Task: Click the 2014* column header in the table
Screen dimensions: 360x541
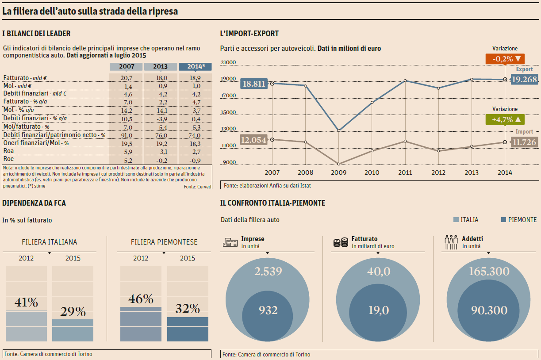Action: click(x=195, y=67)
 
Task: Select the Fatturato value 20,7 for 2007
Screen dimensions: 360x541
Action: click(x=126, y=77)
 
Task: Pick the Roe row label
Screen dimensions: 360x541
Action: click(x=8, y=159)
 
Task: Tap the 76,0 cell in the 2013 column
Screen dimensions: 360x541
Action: click(x=161, y=135)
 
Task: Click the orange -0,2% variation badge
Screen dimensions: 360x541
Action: click(x=505, y=58)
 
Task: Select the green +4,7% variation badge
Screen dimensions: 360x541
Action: click(x=505, y=119)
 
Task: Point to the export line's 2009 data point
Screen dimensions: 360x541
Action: click(x=338, y=130)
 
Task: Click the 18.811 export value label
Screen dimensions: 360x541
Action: click(x=254, y=84)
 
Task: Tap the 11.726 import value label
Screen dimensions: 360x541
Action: click(x=524, y=142)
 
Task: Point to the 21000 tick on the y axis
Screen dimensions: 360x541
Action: click(x=228, y=63)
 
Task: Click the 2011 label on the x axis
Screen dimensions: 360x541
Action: click(x=405, y=172)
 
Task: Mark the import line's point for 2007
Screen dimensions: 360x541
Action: click(x=272, y=139)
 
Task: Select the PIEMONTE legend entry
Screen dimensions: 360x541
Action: click(x=518, y=220)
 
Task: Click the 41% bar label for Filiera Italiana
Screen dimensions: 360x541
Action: click(x=26, y=303)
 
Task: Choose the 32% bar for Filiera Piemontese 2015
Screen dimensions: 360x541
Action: click(x=188, y=329)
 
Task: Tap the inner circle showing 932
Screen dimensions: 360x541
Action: click(x=268, y=310)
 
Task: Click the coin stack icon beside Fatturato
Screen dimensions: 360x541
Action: click(x=341, y=242)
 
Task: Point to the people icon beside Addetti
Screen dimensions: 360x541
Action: click(x=451, y=242)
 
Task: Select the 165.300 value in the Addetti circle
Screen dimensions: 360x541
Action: click(x=489, y=271)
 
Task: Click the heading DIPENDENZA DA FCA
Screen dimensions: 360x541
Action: click(x=34, y=203)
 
